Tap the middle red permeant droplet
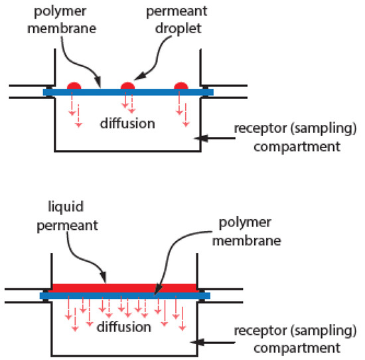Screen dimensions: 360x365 pyautogui.click(x=127, y=86)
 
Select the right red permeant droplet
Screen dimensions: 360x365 pyautogui.click(x=181, y=86)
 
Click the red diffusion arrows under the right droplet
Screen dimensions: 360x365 pyautogui.click(x=181, y=109)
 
